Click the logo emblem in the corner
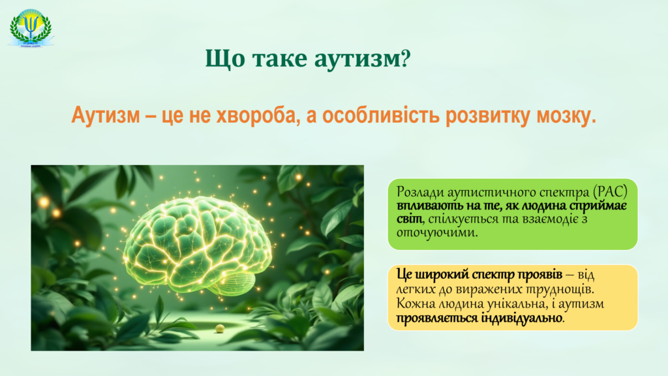(31, 27)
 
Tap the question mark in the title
(406, 57)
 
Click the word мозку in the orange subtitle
(566, 115)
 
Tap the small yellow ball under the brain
(220, 328)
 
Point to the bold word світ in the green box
(410, 219)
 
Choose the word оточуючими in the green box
(436, 233)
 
